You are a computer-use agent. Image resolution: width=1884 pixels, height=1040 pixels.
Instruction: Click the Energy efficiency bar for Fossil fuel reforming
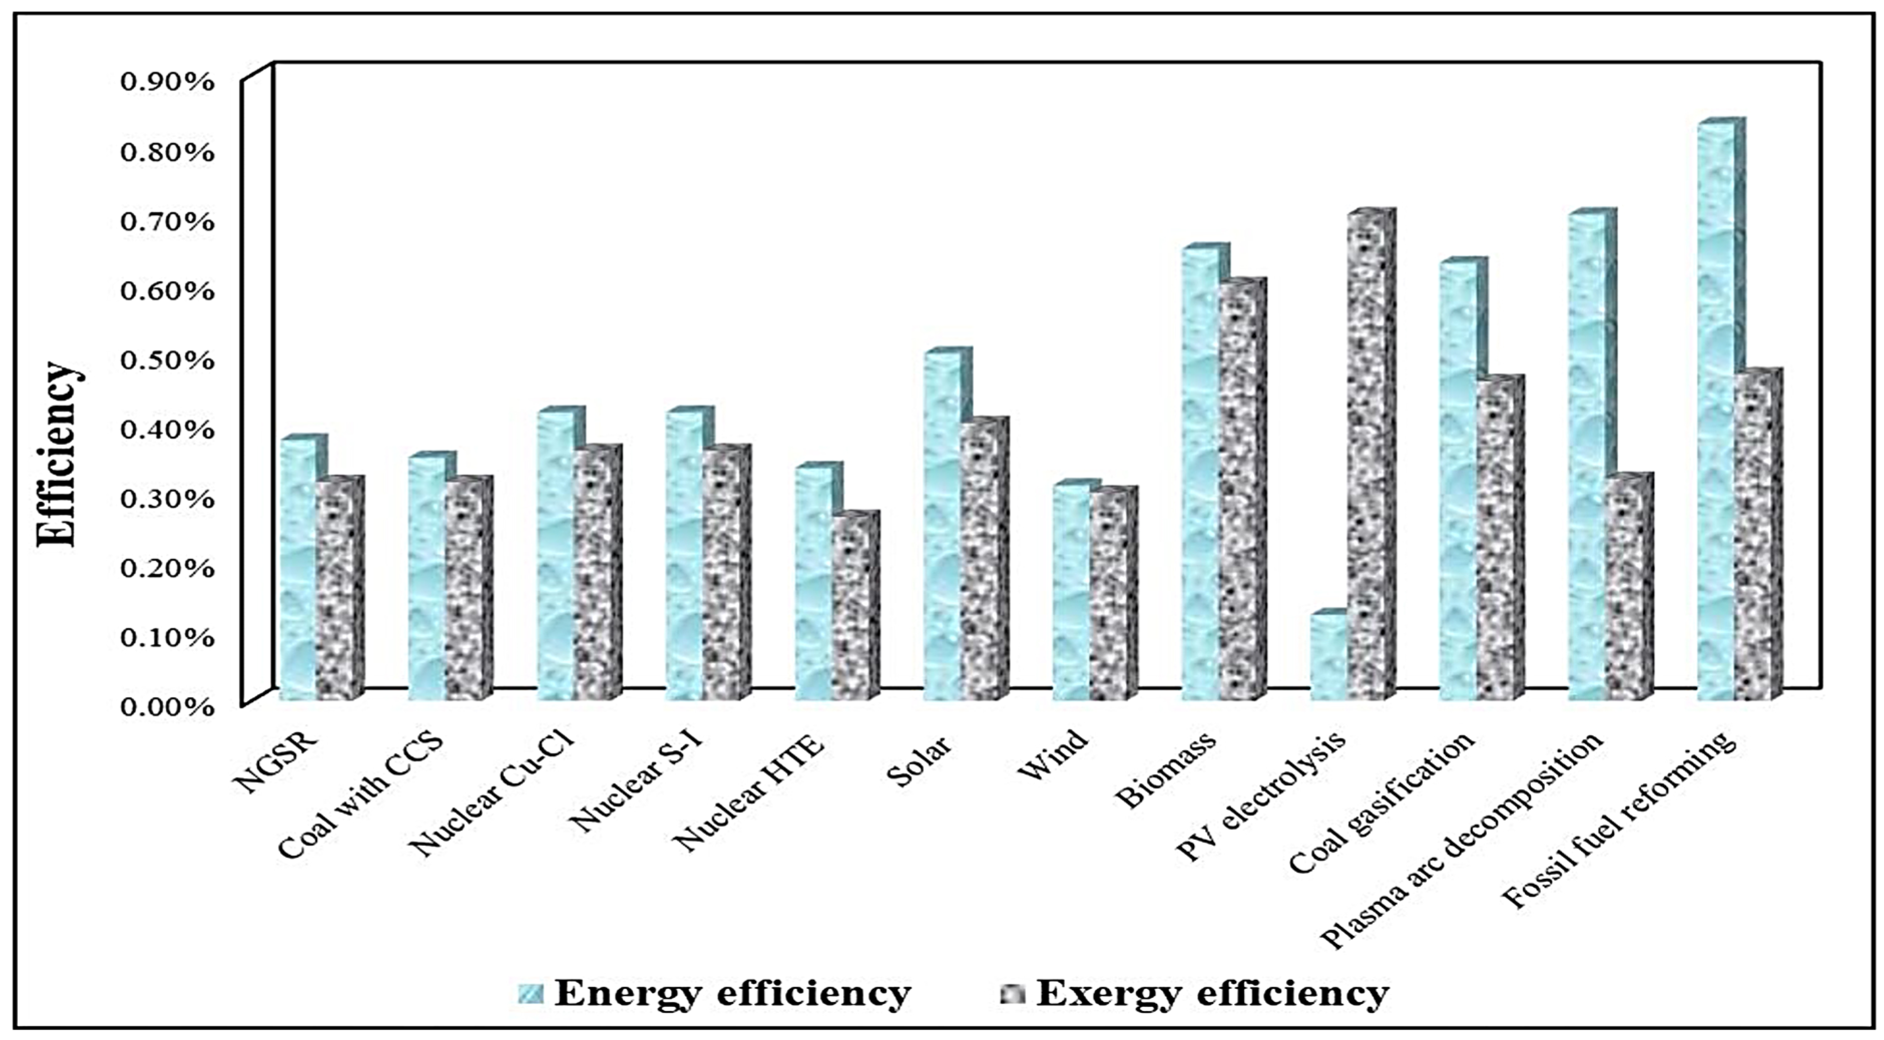(1715, 410)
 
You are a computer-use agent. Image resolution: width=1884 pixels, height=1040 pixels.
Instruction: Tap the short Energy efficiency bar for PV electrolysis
(1327, 658)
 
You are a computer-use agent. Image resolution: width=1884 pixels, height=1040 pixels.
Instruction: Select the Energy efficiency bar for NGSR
(298, 571)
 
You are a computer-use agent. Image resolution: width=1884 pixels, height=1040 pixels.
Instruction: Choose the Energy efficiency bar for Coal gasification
(1458, 483)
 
